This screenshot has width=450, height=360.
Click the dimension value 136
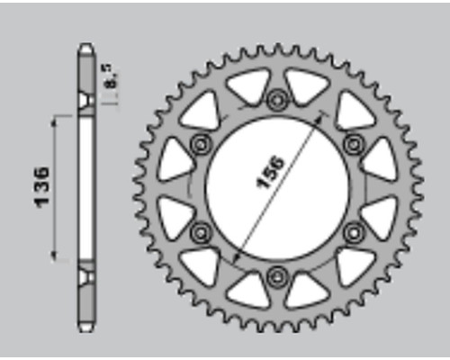coord(41,187)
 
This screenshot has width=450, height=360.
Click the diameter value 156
coord(269,172)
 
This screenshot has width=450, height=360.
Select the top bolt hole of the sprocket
coord(276,99)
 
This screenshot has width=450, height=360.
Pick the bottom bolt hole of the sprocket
coord(276,276)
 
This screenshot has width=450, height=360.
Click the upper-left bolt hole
coord(201,145)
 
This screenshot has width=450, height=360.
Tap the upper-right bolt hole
coord(354,144)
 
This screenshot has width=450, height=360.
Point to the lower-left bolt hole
coord(201,231)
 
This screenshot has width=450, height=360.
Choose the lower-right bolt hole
coord(354,231)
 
